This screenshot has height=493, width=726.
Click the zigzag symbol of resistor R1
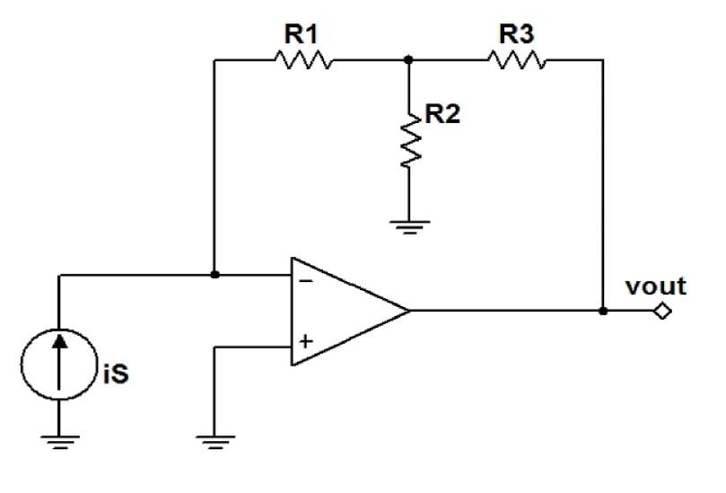coord(302,60)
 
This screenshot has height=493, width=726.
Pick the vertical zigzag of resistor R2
coord(409,138)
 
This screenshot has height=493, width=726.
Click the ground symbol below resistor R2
coord(409,225)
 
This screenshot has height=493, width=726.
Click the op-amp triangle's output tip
coord(408,311)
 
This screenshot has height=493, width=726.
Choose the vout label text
coord(658,286)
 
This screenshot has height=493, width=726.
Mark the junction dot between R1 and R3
coord(409,60)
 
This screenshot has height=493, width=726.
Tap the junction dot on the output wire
coord(603,311)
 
